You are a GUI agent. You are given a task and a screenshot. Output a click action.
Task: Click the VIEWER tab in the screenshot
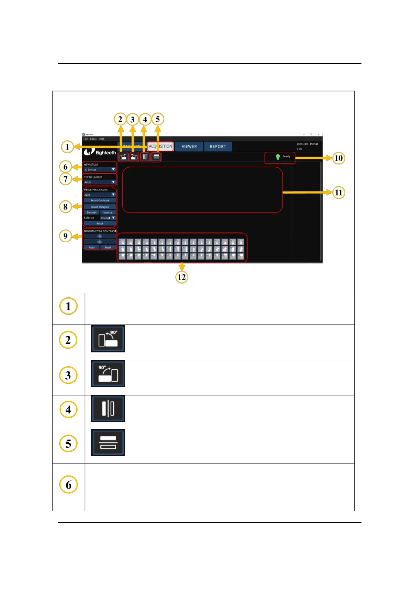[189, 146]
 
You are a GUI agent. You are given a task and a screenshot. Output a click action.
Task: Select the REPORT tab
[218, 146]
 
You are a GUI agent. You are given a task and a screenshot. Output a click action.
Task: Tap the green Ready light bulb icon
[278, 157]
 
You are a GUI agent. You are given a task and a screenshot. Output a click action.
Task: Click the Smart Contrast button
[100, 200]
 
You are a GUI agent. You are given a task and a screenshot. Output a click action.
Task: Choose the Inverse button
[108, 212]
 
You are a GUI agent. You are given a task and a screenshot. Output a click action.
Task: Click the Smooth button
[92, 212]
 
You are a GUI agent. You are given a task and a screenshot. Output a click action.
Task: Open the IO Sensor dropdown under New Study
[100, 170]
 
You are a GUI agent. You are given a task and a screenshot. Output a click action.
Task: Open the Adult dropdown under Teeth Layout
[100, 182]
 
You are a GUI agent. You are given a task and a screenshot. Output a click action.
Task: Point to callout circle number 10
[339, 158]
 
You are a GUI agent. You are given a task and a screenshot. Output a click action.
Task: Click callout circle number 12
[182, 277]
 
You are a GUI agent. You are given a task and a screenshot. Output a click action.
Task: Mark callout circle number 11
[339, 193]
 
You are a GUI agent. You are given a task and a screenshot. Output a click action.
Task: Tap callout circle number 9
[66, 236]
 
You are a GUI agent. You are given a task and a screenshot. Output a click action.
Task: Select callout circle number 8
[66, 207]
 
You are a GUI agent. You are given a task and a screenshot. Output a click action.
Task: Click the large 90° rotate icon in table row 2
[108, 339]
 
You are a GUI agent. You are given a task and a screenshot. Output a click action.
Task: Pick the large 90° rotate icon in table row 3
[108, 374]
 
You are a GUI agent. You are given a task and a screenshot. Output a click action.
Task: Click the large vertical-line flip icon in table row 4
[108, 408]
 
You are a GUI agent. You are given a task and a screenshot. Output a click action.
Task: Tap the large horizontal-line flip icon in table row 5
[108, 443]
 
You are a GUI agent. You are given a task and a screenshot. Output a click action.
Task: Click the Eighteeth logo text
[105, 153]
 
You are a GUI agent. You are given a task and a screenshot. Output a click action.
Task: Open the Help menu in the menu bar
[102, 139]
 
